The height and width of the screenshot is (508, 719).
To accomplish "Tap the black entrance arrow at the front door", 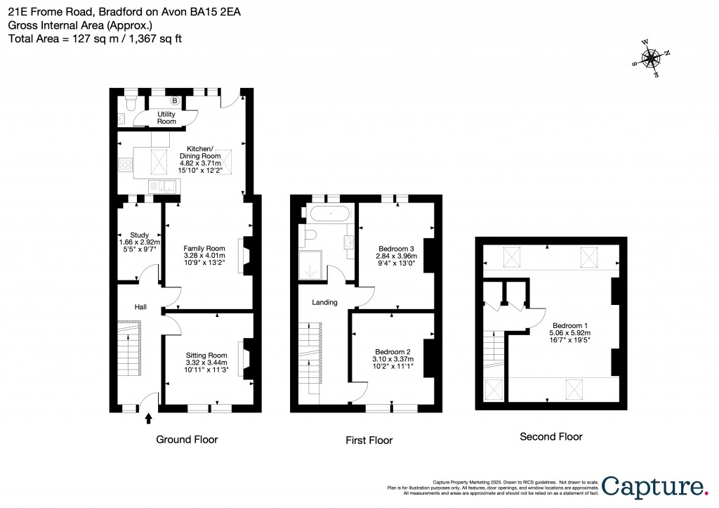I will (148, 419).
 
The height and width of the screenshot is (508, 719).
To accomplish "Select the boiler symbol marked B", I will (175, 101).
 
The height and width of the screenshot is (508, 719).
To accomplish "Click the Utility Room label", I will (166, 117).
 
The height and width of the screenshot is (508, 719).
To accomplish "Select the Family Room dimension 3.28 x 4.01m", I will (204, 256).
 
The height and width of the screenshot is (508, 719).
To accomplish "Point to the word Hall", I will (141, 307).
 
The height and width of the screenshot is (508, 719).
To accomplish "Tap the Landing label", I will (324, 302).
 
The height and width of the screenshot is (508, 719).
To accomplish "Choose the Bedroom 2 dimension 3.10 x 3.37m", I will (393, 359).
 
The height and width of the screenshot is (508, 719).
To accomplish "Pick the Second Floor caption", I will (550, 436).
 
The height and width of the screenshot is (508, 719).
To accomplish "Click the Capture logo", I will (654, 486).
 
